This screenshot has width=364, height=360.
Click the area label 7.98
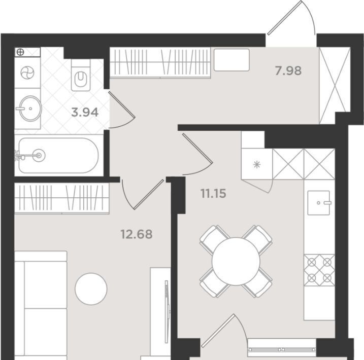(288, 70)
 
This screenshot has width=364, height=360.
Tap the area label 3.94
(85, 113)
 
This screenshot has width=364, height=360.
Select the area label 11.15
(213, 193)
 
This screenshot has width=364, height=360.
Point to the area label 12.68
(137, 234)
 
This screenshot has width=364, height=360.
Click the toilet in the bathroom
(81, 75)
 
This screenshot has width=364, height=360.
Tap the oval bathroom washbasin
(30, 109)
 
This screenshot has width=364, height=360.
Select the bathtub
(58, 156)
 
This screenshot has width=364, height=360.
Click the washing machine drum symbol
(27, 73)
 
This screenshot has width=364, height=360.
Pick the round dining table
(236, 261)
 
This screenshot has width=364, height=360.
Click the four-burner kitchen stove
(319, 270)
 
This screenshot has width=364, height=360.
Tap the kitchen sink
(319, 203)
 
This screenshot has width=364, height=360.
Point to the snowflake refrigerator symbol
(257, 165)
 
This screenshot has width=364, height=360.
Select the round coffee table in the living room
(91, 289)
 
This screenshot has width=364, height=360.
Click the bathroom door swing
(122, 110)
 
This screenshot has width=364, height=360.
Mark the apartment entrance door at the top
(291, 18)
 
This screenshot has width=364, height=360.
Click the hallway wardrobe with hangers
(160, 62)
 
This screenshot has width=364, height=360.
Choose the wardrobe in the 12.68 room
(62, 198)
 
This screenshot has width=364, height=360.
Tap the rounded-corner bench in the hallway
(231, 59)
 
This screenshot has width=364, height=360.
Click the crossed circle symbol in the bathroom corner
(20, 52)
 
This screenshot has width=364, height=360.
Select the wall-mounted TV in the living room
(167, 312)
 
